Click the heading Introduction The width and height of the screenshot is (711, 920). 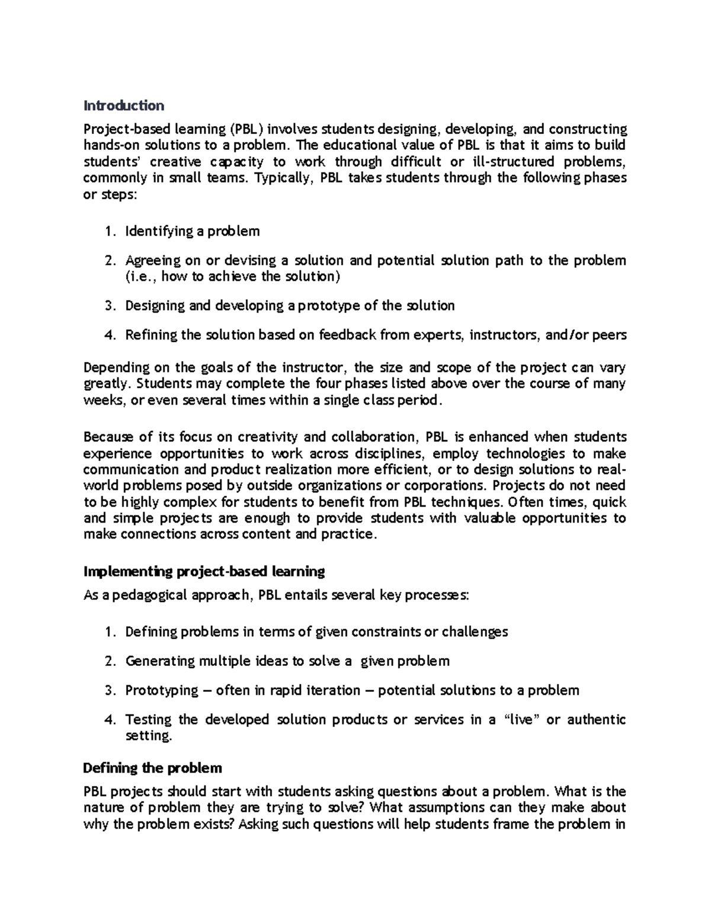point(123,106)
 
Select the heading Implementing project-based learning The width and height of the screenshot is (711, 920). point(204,572)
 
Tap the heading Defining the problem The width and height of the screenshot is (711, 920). point(152,768)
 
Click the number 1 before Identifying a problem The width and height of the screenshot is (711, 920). point(108,231)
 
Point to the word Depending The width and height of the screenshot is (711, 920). point(114,367)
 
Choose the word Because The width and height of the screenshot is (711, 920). point(108,437)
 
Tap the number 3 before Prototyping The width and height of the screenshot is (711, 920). point(108,691)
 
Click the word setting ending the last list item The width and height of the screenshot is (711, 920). point(148,736)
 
